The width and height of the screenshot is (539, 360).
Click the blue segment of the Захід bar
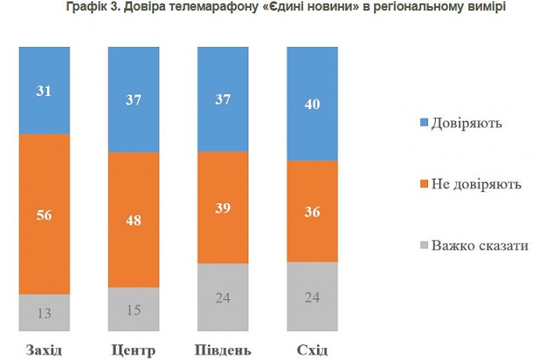(44, 90)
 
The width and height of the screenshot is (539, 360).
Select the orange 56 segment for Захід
(44, 214)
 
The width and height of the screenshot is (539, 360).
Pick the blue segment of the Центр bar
(134, 98)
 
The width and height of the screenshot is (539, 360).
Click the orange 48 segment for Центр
(134, 219)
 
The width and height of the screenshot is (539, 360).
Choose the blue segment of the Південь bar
(223, 98)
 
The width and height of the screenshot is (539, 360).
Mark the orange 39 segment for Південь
(223, 207)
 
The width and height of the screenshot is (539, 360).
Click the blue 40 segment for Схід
(312, 103)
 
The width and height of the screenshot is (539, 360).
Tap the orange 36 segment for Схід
(312, 211)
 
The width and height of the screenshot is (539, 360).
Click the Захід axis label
(44, 348)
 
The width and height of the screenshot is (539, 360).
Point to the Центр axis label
(134, 348)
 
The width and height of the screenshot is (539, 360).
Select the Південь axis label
(223, 348)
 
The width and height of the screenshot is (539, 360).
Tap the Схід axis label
(312, 348)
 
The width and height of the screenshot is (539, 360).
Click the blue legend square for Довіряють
(424, 123)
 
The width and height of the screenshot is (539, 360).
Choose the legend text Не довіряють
(477, 184)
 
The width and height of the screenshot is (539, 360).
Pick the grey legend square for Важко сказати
(424, 246)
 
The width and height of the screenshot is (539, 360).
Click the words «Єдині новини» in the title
(316, 7)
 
